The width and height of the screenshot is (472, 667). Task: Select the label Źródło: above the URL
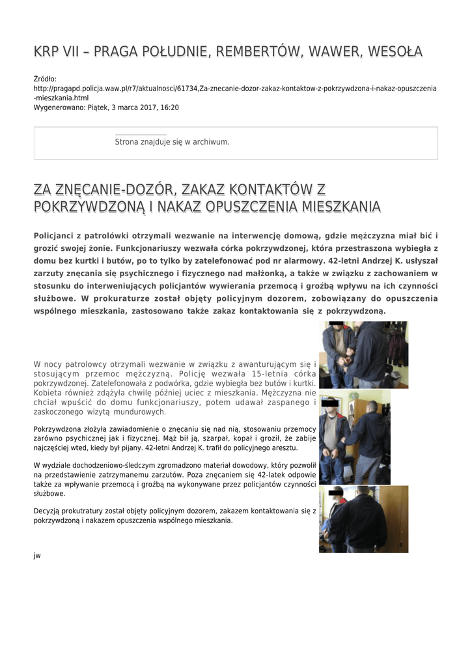click(x=45, y=79)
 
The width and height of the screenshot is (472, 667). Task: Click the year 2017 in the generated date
click(x=145, y=107)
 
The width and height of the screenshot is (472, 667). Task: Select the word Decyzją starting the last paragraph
click(x=49, y=511)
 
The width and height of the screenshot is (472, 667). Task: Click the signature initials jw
click(x=37, y=556)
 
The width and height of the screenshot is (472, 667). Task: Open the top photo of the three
click(x=363, y=354)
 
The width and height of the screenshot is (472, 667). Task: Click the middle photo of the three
click(x=354, y=438)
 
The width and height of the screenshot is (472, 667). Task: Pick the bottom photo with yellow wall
click(x=363, y=519)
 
